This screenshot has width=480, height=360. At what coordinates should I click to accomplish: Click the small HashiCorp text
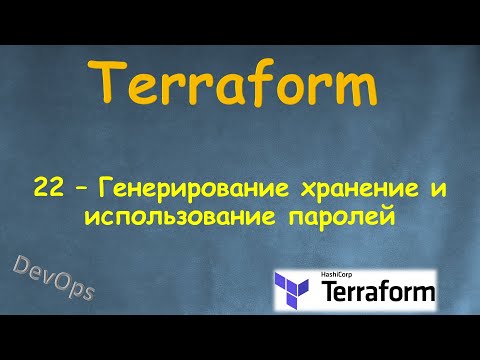click(x=340, y=275)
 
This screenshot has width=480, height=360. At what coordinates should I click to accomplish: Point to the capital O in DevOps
click(x=60, y=279)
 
